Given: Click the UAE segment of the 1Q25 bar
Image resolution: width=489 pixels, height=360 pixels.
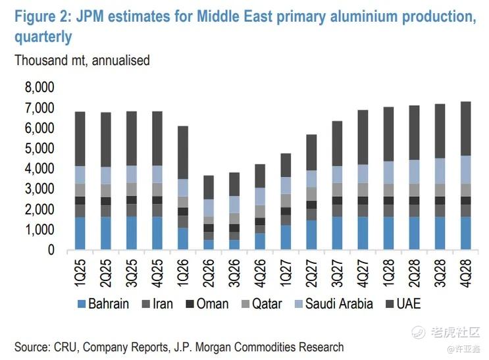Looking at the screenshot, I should coord(80,138).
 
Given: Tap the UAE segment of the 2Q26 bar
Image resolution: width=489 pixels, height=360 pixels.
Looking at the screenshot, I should coord(208,187).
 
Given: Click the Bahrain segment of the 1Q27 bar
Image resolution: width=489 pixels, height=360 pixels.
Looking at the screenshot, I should coord(285,237).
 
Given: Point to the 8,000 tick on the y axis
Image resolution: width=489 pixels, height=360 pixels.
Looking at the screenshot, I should coord(39,88).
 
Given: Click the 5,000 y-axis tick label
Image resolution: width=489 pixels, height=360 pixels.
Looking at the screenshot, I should coord(39,149).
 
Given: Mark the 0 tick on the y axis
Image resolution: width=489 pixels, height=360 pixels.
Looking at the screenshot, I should coord(50,250).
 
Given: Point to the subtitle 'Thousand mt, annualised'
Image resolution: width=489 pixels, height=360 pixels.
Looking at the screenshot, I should coord(82,61).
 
